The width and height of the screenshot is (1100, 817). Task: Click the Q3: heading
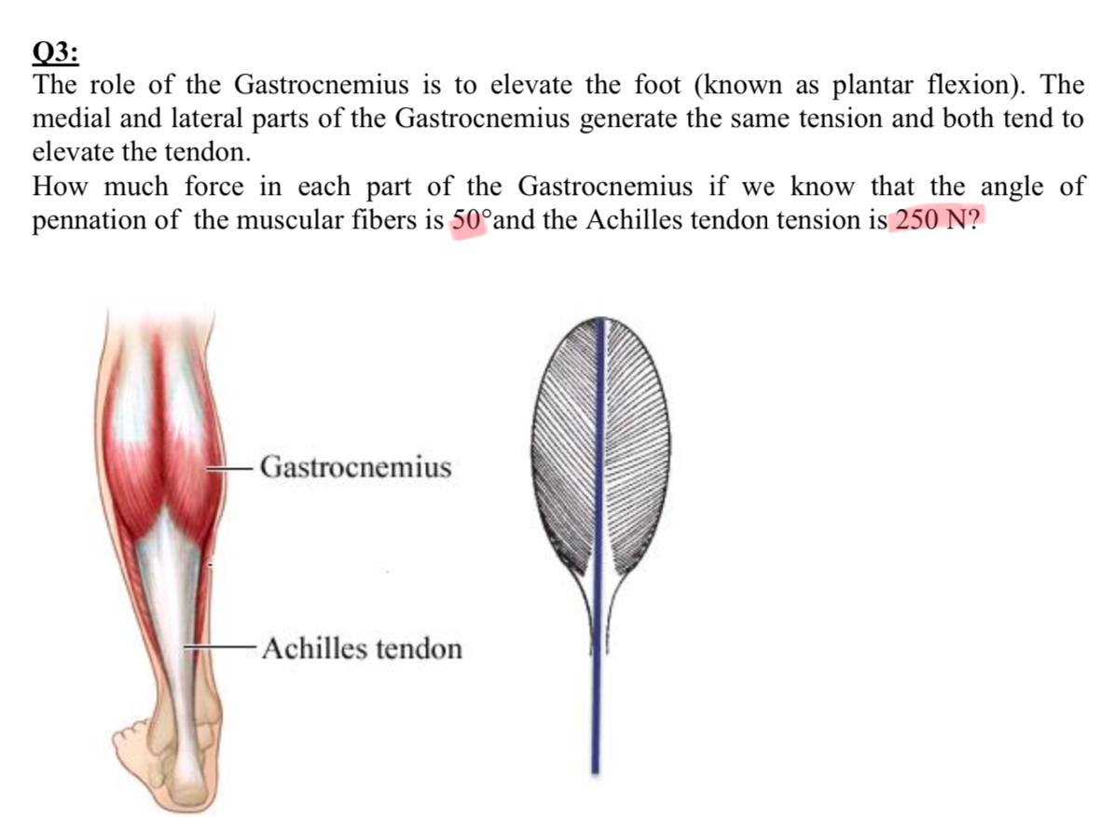click(56, 49)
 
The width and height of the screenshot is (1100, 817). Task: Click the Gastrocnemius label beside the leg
click(355, 466)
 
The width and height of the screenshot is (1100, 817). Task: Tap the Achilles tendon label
click(362, 647)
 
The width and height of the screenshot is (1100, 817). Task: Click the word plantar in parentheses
click(875, 86)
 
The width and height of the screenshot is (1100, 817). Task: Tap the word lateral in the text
click(212, 119)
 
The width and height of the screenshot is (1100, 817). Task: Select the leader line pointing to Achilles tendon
click(220, 646)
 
